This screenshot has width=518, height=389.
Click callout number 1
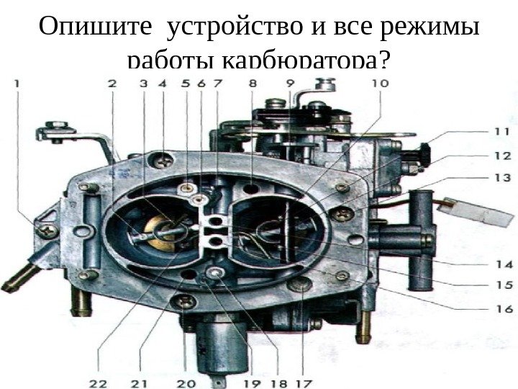pos(17,84)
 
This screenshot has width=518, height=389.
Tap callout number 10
pos(379,84)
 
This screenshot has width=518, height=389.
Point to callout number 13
pos(501,177)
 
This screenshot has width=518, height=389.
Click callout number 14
pos(501,264)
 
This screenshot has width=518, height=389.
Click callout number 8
pos(252,84)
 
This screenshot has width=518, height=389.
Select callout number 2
pos(112,84)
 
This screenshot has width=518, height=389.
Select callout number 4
pos(163,84)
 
